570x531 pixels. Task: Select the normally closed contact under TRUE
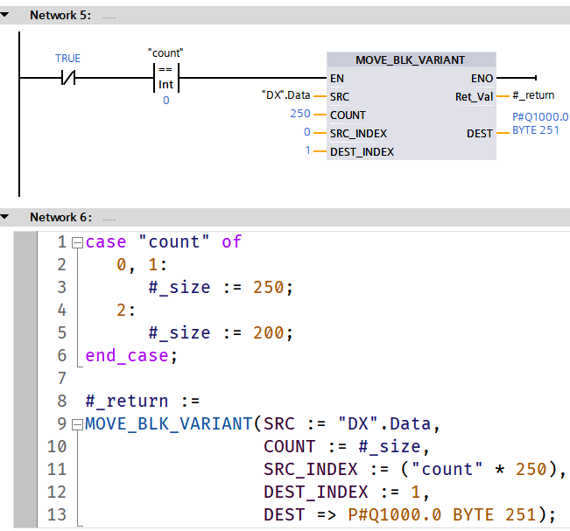point(67,78)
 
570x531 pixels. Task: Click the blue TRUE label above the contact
point(67,59)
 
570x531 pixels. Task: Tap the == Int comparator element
point(165,78)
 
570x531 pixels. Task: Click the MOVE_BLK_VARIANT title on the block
point(410,60)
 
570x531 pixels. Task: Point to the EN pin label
point(337,79)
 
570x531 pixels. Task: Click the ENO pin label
point(482,79)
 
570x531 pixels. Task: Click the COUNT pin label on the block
point(348,115)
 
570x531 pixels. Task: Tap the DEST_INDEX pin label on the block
point(362,151)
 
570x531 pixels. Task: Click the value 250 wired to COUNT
point(300,115)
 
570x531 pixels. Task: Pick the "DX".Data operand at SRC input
point(285,95)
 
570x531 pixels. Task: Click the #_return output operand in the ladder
point(533,95)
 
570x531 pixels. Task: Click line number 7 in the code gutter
point(60,378)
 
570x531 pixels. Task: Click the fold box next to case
point(77,242)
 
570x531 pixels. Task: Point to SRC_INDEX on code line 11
point(311,469)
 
